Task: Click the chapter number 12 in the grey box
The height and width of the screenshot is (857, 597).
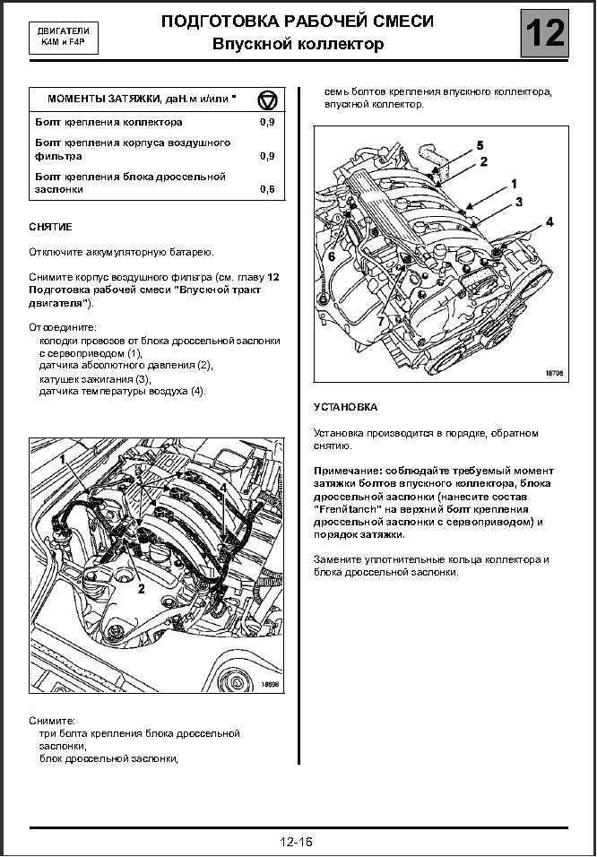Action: [545, 33]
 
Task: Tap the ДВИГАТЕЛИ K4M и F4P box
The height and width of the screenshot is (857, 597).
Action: [64, 40]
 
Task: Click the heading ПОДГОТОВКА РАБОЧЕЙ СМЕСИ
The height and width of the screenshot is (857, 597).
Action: [298, 22]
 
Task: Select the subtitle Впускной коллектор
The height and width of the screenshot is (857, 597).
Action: [298, 44]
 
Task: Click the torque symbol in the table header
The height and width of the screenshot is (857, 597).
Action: [267, 100]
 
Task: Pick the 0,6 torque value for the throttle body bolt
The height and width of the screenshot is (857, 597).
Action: [267, 190]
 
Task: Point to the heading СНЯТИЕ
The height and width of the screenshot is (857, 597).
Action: [50, 226]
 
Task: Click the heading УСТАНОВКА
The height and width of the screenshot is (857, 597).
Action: [345, 408]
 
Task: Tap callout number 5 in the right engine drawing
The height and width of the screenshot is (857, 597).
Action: [480, 145]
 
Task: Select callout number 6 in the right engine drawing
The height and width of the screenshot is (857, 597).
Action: [332, 255]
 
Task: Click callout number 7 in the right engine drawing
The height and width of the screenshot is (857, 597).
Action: [381, 321]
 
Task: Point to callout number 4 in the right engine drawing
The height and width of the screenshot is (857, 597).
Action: [549, 221]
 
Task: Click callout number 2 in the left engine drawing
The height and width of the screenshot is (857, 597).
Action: [141, 589]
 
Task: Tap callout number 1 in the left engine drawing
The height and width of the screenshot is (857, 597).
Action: [63, 460]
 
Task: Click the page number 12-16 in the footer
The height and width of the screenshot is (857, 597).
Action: [297, 842]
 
